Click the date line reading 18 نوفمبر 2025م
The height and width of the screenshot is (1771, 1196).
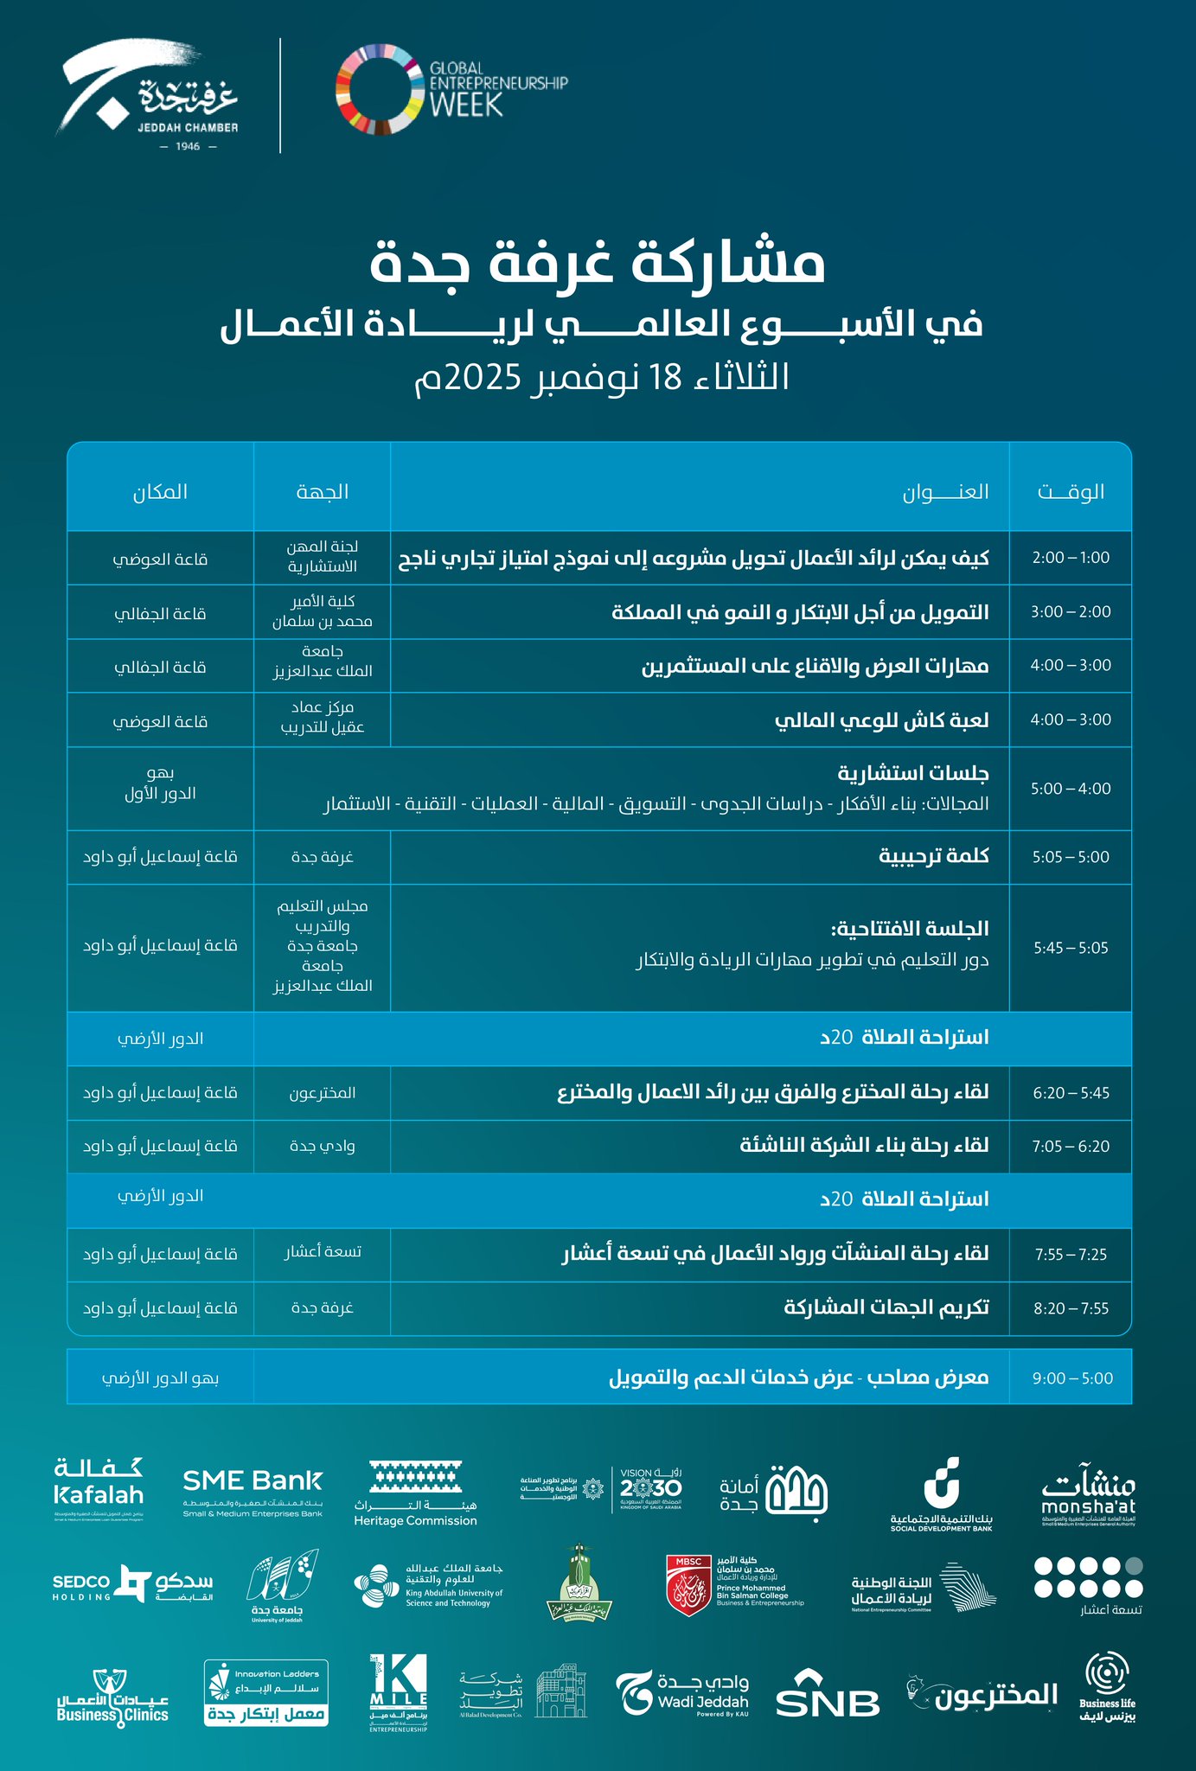(x=602, y=378)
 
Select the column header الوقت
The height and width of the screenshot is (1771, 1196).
(x=1071, y=492)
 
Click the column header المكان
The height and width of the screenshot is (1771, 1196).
(x=160, y=492)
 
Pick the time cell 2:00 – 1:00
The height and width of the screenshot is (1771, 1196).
(x=1071, y=558)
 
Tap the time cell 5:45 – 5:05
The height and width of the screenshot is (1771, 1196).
(x=1071, y=948)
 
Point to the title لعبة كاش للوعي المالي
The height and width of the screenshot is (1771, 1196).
(x=881, y=720)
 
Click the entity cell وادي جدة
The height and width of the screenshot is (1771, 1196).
(x=323, y=1146)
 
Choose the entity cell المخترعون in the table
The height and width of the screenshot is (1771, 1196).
(x=323, y=1093)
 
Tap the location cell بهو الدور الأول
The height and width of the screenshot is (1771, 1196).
(x=160, y=783)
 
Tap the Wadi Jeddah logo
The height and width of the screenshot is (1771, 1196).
(x=682, y=1692)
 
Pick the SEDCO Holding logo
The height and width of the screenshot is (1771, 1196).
(x=132, y=1583)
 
